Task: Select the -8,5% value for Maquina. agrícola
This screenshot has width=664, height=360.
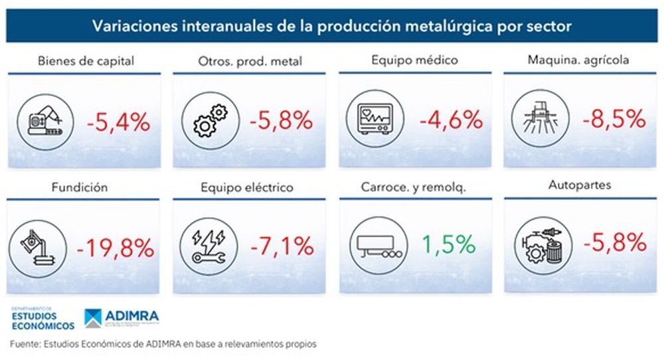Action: coord(614,120)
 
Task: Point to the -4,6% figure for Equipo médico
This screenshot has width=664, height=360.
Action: coord(450,120)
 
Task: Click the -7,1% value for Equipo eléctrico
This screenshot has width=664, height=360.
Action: coord(282,248)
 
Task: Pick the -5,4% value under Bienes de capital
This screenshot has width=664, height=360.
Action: coord(118,122)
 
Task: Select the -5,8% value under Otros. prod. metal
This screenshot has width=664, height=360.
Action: coord(282,120)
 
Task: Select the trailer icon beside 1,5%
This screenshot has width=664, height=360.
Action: coord(372,246)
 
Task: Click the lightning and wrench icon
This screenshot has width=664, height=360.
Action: coord(206,246)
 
